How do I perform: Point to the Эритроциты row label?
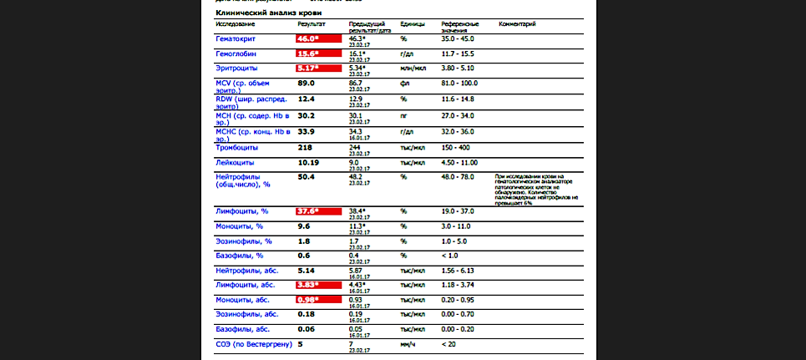(236, 68)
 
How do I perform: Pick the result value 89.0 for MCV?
(307, 83)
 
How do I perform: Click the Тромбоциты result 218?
(306, 147)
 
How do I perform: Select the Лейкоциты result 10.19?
(308, 162)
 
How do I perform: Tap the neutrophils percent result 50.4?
(307, 177)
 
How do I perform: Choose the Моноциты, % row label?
(239, 226)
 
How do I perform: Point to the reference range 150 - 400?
(455, 147)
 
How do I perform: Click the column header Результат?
(312, 24)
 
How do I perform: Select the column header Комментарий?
(517, 24)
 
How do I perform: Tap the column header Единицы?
(413, 24)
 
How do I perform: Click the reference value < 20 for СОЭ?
(449, 344)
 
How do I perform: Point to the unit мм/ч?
(408, 344)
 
